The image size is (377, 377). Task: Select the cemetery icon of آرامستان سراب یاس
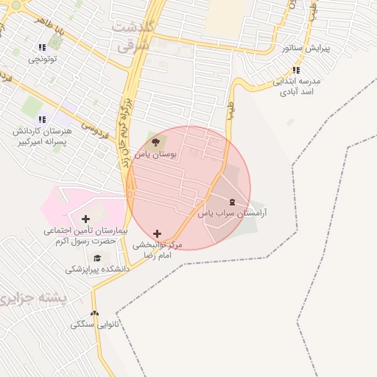(232, 202)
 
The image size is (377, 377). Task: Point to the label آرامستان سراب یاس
(232, 213)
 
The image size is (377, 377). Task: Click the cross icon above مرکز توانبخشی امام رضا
(157, 233)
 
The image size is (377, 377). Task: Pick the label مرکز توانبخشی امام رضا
(156, 249)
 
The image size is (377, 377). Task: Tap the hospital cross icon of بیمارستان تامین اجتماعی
(86, 219)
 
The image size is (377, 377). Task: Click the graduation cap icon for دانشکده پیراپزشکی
(98, 258)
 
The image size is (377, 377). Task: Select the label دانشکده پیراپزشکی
(97, 269)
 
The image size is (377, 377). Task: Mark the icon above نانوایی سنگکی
(94, 312)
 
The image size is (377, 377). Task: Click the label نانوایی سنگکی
(94, 324)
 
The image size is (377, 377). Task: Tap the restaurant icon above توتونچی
(42, 48)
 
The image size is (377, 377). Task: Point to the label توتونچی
(42, 60)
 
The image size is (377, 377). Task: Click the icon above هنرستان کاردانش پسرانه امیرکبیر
(42, 119)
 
